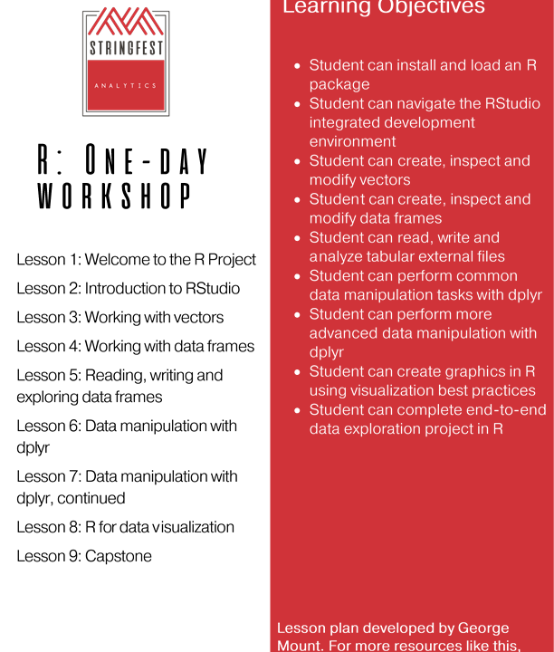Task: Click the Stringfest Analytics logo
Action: coord(126,62)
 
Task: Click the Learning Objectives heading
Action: coord(384,8)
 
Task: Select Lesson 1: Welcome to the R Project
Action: coord(136,260)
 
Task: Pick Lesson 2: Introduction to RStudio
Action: coord(128,289)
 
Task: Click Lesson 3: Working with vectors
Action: coord(119,318)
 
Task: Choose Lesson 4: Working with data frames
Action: coord(135,346)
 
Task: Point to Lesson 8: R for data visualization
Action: coord(125,527)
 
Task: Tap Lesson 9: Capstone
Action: coord(84,556)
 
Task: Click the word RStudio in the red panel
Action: coord(508,103)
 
